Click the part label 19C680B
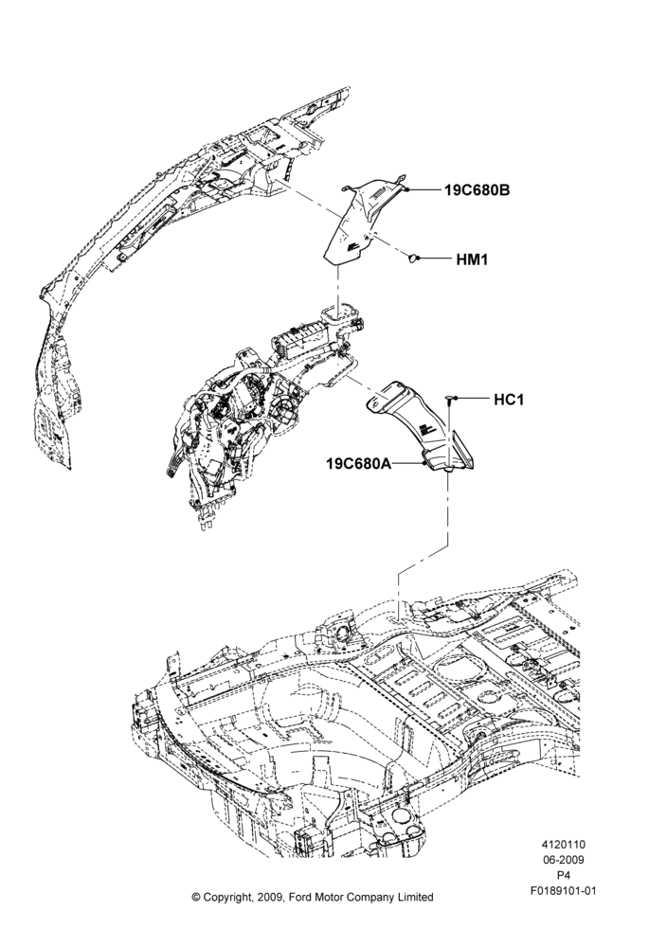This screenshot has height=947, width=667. point(478,189)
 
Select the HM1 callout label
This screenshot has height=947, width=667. point(472,259)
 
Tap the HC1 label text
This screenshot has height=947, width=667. point(509,400)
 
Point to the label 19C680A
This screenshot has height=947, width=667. point(358,464)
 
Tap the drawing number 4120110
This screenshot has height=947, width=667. point(563,845)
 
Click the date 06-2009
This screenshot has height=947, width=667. point(563,860)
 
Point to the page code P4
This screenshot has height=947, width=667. point(563,875)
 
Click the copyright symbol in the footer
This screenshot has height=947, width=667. point(196,897)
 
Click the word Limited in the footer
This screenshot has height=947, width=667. point(414,897)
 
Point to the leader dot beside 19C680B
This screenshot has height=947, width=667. point(408,189)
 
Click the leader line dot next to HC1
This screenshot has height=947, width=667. point(455,399)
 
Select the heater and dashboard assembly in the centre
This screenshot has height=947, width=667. point(260,411)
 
